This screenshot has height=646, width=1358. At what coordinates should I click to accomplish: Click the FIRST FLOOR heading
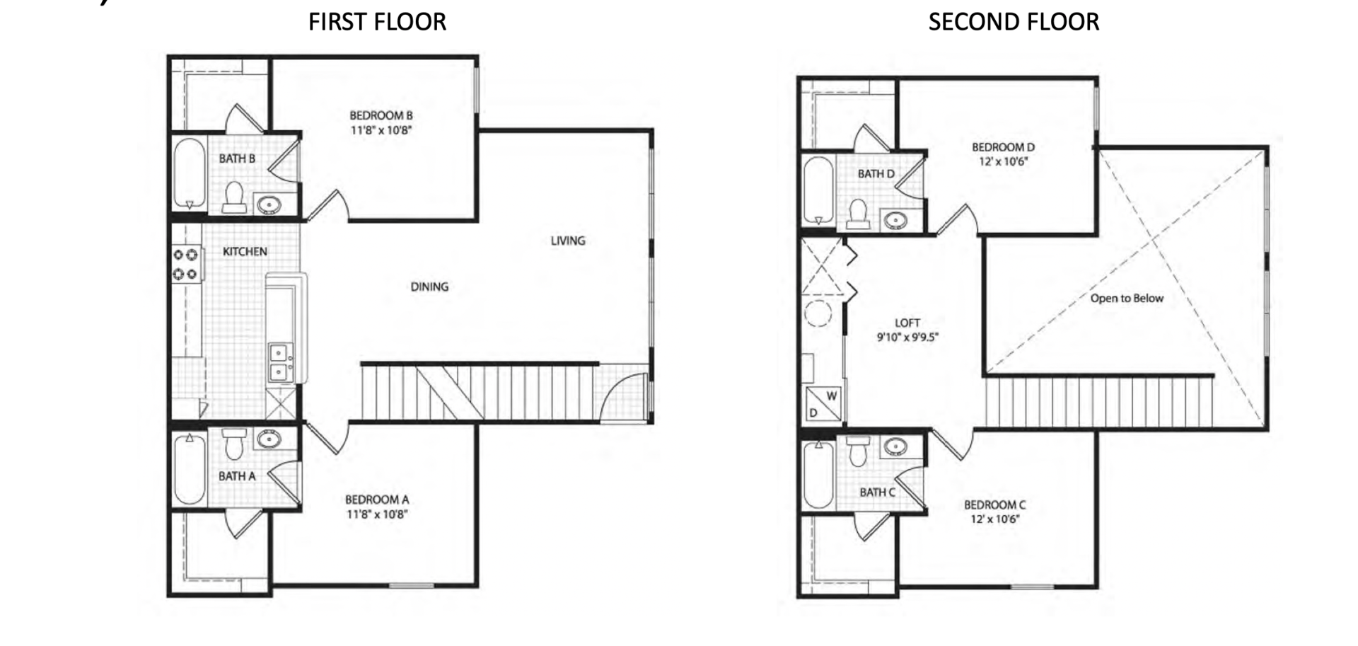tap(377, 22)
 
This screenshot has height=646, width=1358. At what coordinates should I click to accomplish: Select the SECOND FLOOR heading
tap(1013, 22)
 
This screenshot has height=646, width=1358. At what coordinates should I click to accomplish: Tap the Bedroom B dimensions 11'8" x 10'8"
tap(381, 130)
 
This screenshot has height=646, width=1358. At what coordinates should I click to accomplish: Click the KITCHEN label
tap(245, 251)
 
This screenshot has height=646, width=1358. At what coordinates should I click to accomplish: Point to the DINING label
tap(429, 287)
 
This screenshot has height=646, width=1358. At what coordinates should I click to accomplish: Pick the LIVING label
tap(567, 241)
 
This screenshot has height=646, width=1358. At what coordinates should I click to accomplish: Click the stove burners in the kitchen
tap(185, 264)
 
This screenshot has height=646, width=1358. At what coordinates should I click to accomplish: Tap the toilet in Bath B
tap(234, 197)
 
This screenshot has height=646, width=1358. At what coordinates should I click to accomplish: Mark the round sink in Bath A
tap(269, 439)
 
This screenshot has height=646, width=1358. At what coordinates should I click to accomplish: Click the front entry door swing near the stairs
tap(622, 396)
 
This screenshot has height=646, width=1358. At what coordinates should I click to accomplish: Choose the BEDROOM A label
tap(377, 500)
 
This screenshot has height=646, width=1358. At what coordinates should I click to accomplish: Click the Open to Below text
tap(1126, 299)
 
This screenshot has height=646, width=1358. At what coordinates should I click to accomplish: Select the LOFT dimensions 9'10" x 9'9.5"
tap(907, 338)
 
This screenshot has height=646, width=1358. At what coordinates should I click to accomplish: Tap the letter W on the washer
tap(832, 396)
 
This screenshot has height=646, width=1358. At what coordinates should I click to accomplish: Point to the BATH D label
tap(876, 174)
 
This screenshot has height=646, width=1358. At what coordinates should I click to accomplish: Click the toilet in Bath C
tap(859, 451)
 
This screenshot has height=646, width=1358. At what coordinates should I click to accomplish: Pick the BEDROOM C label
tap(994, 505)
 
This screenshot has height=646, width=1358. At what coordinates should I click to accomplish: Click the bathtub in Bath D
tap(818, 190)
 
